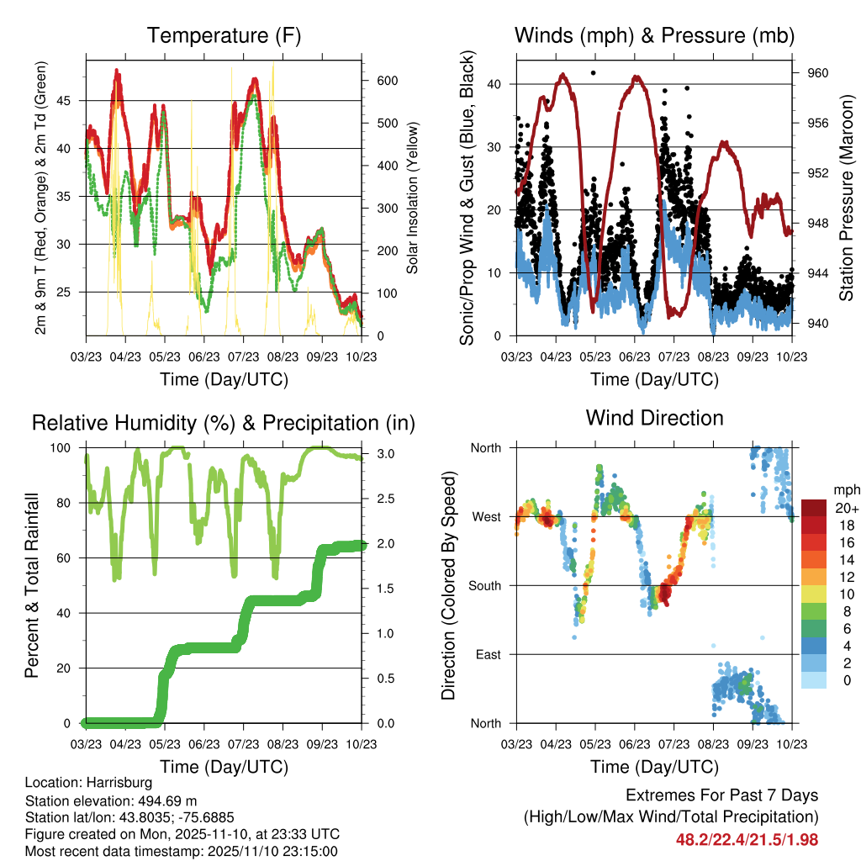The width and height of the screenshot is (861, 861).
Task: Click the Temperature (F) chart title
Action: [x=224, y=36]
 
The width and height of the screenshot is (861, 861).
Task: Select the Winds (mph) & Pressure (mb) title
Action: [x=654, y=36]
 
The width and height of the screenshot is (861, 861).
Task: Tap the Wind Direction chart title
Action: [x=654, y=418]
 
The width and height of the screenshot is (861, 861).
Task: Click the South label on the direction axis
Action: [x=484, y=585]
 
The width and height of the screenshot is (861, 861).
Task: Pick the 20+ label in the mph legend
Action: [x=846, y=508]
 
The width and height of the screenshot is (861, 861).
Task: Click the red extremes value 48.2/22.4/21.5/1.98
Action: [x=747, y=839]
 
